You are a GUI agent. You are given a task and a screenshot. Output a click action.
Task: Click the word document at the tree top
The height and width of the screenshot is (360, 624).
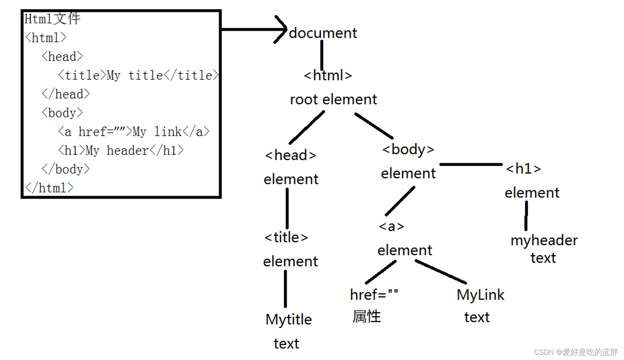(323, 33)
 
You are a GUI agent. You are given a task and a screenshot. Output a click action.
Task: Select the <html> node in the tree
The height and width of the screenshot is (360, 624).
(328, 75)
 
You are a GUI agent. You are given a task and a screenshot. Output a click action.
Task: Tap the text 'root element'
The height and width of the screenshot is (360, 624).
(333, 99)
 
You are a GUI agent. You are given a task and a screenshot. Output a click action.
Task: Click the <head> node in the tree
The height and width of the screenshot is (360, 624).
(290, 155)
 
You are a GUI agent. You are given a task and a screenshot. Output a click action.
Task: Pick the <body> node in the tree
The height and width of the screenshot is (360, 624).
(408, 149)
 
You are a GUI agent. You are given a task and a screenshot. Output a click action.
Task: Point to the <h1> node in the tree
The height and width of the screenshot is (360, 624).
(523, 169)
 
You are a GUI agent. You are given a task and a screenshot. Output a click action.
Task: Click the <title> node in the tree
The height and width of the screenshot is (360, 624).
(286, 237)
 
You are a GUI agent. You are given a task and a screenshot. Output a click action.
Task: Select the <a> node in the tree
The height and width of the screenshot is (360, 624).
(391, 226)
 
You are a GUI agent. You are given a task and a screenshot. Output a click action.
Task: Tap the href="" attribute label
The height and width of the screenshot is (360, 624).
(374, 295)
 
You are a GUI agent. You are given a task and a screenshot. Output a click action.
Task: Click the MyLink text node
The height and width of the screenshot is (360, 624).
(480, 295)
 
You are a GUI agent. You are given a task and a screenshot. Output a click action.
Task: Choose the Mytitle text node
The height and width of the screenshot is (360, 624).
(288, 319)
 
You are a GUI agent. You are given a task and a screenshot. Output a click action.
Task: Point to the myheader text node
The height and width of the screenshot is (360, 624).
(544, 240)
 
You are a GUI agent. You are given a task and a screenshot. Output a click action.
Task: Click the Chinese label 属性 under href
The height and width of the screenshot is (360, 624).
(366, 316)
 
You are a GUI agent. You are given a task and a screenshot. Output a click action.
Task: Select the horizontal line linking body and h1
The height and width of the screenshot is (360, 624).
(471, 164)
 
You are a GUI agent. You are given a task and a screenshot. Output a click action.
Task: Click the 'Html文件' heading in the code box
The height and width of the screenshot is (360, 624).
(52, 19)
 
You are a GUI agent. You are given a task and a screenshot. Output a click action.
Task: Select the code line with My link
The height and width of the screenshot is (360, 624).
(134, 132)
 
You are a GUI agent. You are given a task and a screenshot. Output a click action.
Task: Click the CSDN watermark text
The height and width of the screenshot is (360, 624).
(576, 352)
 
